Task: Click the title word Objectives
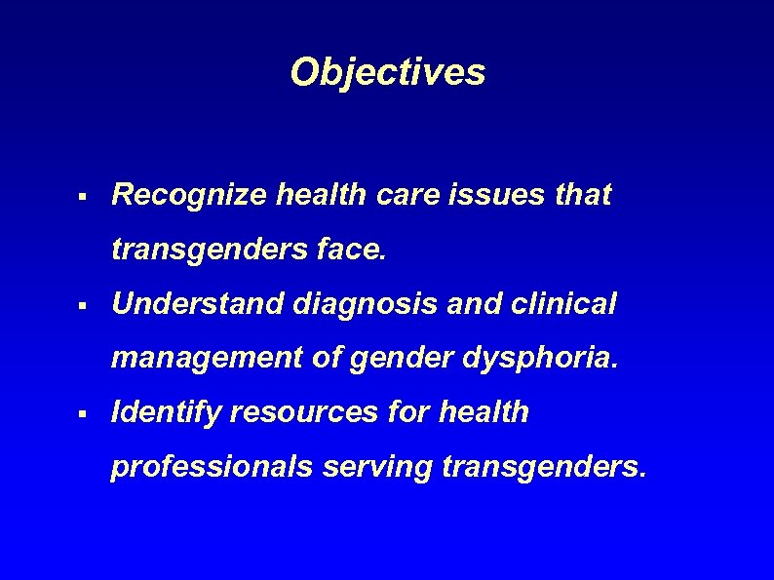click(x=387, y=72)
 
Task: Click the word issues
click(x=508, y=195)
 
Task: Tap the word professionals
click(x=211, y=468)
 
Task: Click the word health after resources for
click(x=483, y=412)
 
